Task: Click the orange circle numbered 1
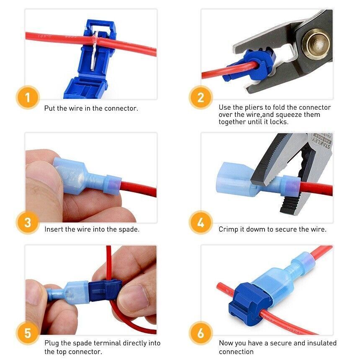[x=28, y=98]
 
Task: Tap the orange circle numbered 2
[x=201, y=98]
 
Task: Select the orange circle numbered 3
[x=28, y=222]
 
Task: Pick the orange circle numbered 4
[x=201, y=222]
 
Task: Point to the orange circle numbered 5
[x=28, y=334]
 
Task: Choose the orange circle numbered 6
[x=201, y=334]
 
